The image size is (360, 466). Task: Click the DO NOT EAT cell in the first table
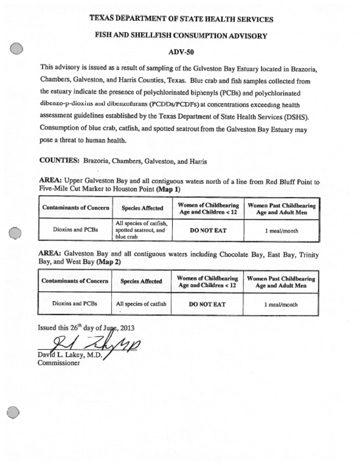[208, 230]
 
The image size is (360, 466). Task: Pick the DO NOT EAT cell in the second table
[207, 304]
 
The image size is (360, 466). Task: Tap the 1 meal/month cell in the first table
[281, 231]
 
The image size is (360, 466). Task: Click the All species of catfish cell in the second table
[141, 304]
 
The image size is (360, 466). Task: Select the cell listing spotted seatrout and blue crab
[141, 230]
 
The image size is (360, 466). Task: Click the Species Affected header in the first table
[142, 208]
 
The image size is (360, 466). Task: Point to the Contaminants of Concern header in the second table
[75, 281]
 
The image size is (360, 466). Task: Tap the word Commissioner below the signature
[59, 363]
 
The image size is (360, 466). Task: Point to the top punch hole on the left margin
[16, 49]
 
